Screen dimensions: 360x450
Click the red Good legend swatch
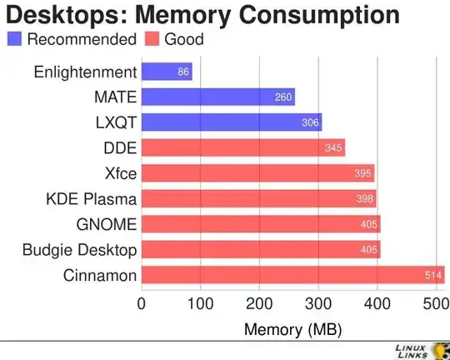(152, 39)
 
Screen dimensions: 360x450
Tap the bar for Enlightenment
(167, 72)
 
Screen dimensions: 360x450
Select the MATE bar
(218, 97)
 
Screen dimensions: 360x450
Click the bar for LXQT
(232, 122)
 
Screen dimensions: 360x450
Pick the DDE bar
(243, 148)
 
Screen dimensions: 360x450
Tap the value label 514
(432, 275)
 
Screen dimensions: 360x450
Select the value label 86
(184, 72)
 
